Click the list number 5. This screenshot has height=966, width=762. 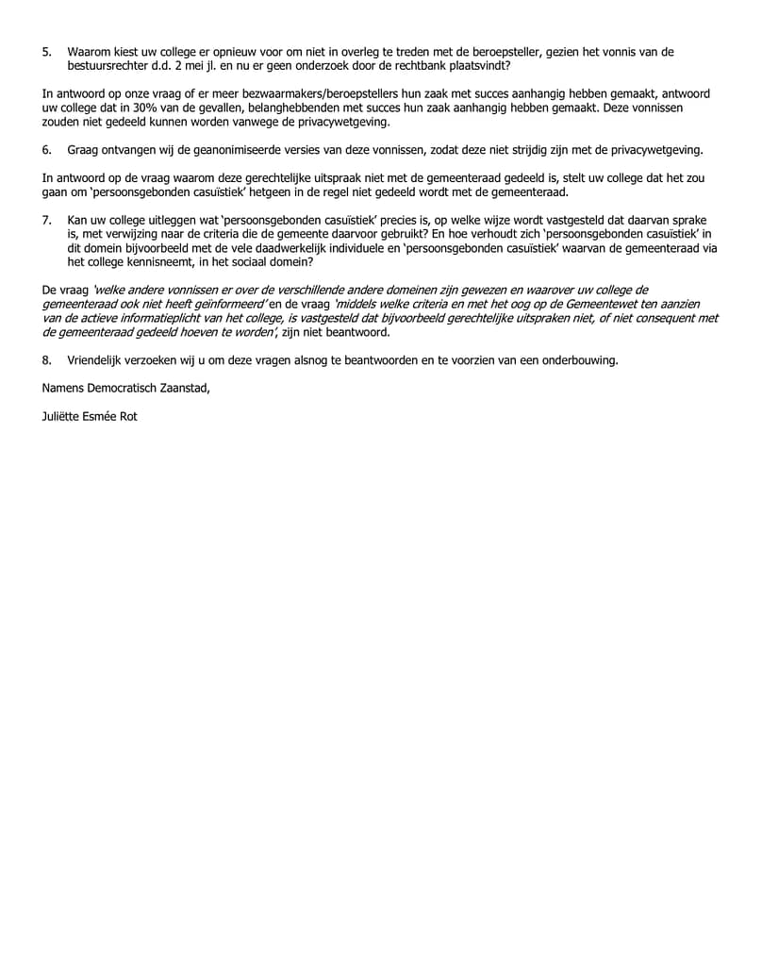46,52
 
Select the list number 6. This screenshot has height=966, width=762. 46,150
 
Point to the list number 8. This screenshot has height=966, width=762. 46,360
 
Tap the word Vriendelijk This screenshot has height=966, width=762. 99,360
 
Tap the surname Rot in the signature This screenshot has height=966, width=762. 127,415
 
